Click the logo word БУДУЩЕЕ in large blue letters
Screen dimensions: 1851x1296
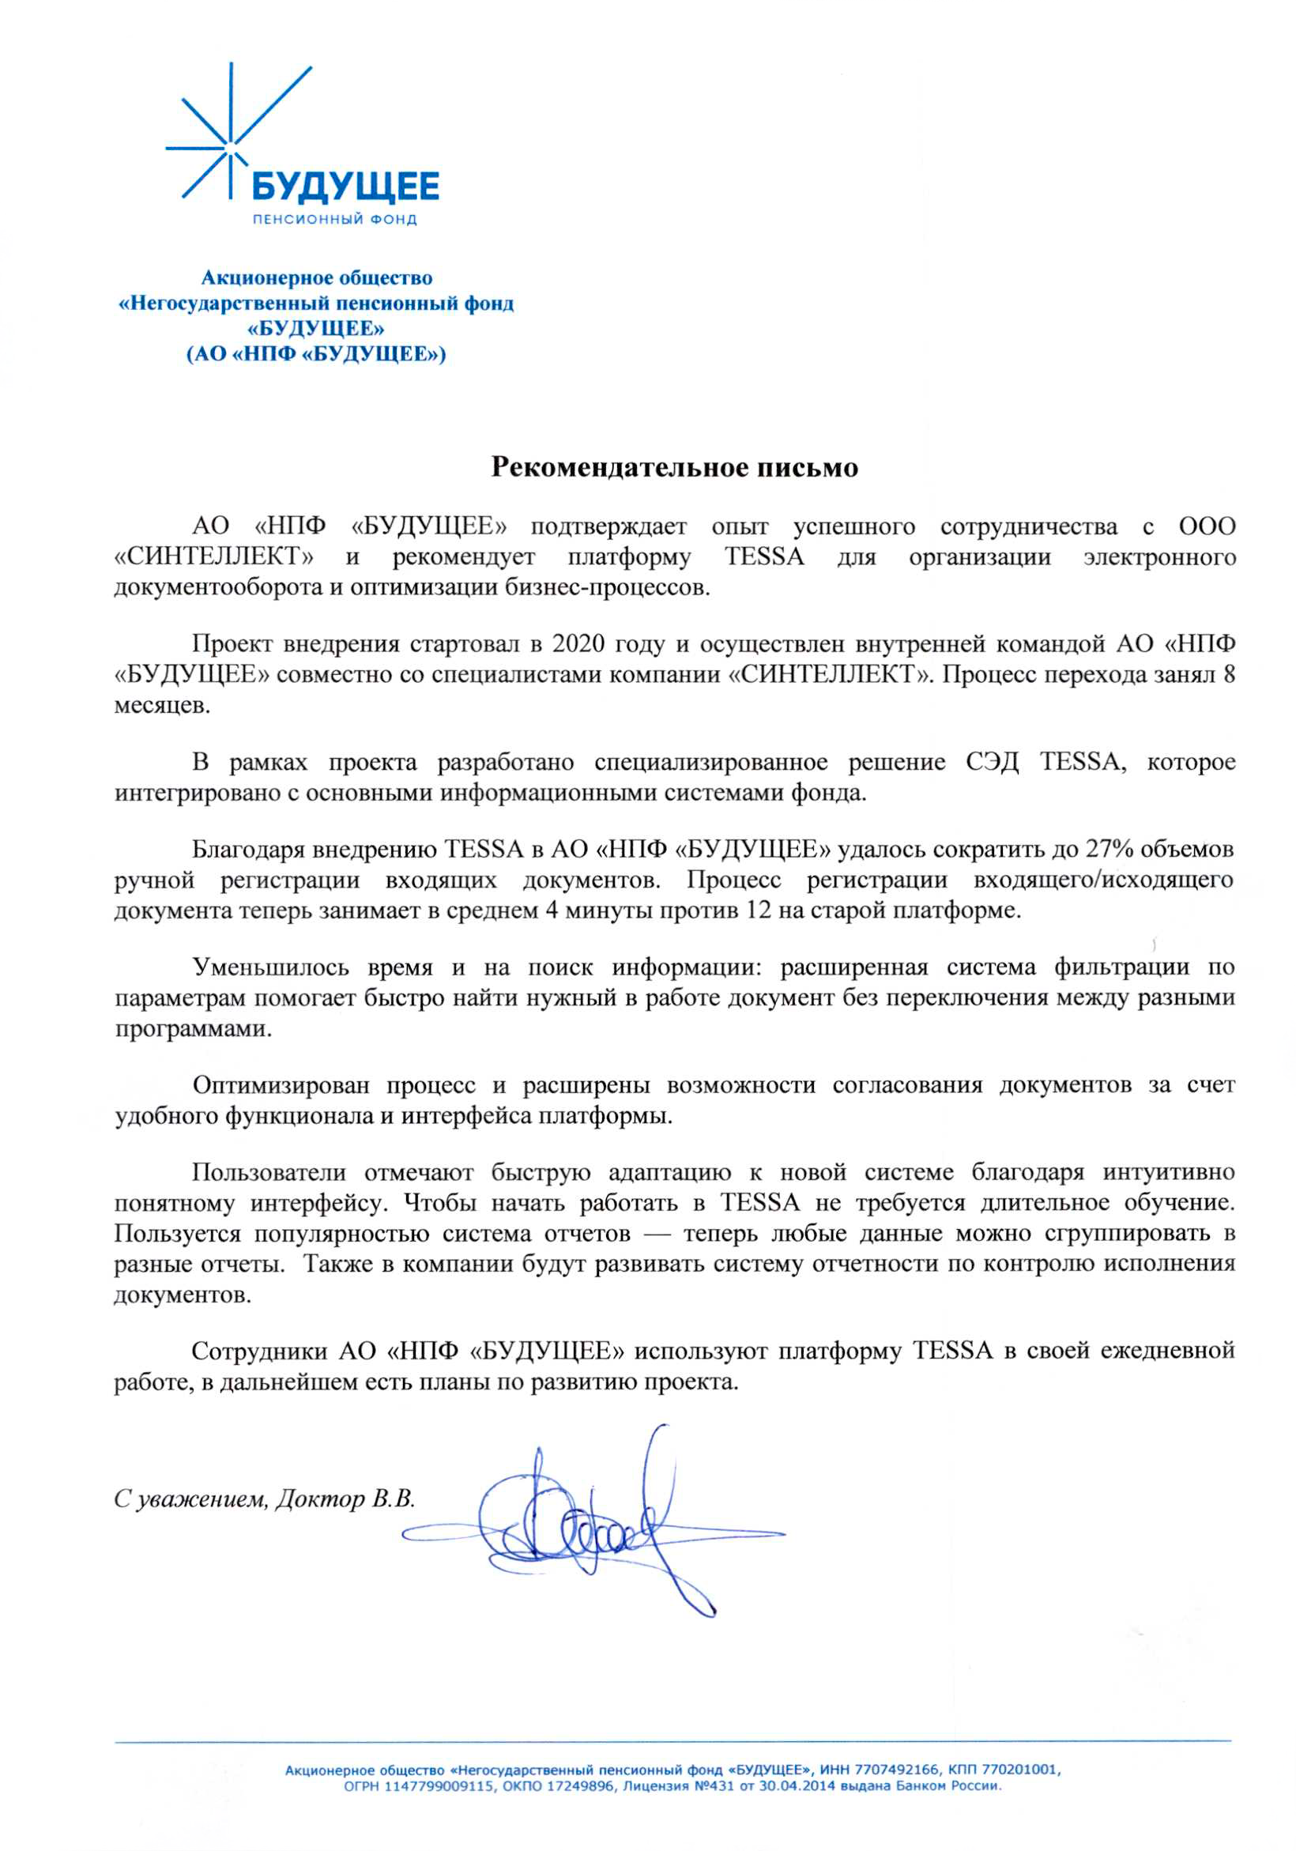[x=346, y=187]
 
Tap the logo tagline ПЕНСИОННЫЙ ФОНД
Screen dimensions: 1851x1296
[x=334, y=219]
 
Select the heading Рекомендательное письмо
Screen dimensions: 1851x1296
[x=674, y=468]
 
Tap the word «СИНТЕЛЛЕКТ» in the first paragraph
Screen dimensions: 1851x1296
[x=214, y=557]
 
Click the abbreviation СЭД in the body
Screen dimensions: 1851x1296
[x=991, y=762]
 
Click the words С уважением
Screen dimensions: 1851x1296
[x=190, y=1499]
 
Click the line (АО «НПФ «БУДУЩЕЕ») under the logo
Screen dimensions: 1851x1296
[x=316, y=354]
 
